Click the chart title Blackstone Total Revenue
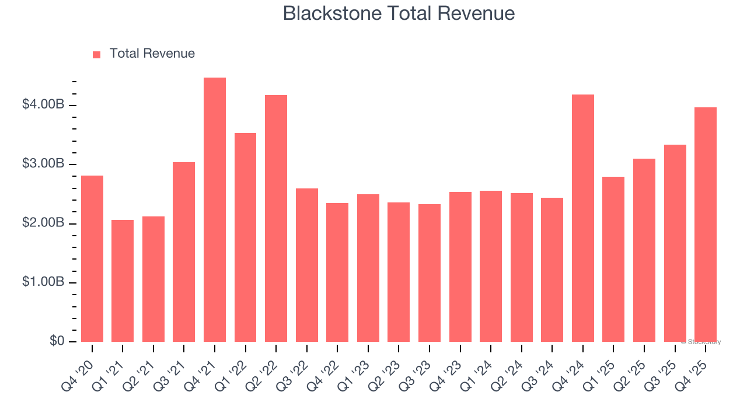pyautogui.click(x=399, y=13)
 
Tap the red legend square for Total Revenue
pyautogui.click(x=97, y=54)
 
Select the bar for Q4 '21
pyautogui.click(x=215, y=210)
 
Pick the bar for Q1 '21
pyautogui.click(x=123, y=281)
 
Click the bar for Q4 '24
pyautogui.click(x=582, y=218)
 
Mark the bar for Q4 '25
pyautogui.click(x=706, y=225)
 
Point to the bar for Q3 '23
pyautogui.click(x=430, y=273)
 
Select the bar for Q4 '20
pyautogui.click(x=92, y=258)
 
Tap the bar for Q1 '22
pyautogui.click(x=245, y=237)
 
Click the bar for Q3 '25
pyautogui.click(x=675, y=243)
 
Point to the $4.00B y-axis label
pyautogui.click(x=43, y=105)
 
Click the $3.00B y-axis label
pyautogui.click(x=43, y=164)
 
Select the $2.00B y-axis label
pyautogui.click(x=43, y=223)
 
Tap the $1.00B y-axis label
pyautogui.click(x=43, y=282)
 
